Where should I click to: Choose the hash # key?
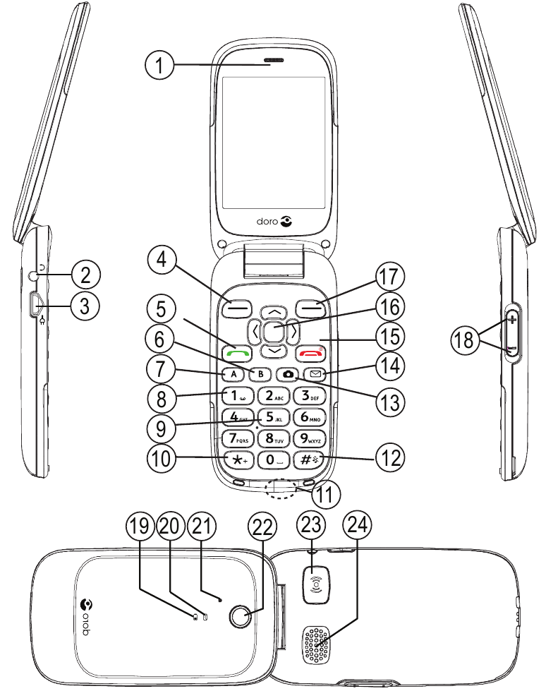pyautogui.click(x=312, y=459)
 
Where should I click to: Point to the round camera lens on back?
pyautogui.click(x=241, y=617)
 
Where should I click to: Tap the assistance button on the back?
pyautogui.click(x=317, y=583)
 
